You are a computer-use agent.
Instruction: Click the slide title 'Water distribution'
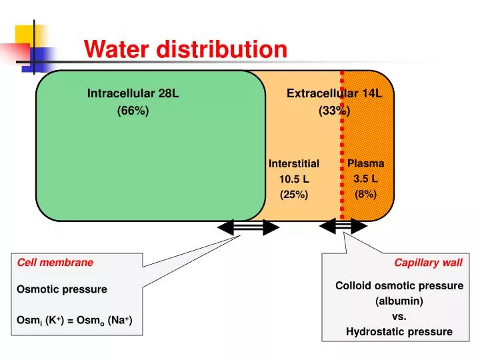click(x=185, y=49)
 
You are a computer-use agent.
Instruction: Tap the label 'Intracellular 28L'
click(x=133, y=93)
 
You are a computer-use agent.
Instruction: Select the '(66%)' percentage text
click(x=133, y=111)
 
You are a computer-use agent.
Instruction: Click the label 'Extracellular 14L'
click(x=334, y=93)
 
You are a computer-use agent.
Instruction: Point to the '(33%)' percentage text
click(x=334, y=111)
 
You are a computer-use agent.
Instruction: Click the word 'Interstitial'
click(x=294, y=163)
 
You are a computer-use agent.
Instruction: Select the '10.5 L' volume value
click(x=294, y=179)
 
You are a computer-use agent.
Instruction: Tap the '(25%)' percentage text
click(x=294, y=194)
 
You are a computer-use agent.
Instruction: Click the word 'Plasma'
click(x=366, y=163)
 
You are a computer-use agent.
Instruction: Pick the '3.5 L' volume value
click(x=366, y=179)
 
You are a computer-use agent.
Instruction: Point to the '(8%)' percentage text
click(x=366, y=194)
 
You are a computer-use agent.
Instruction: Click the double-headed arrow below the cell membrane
click(x=248, y=227)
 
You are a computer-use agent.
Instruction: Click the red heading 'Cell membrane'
click(x=55, y=262)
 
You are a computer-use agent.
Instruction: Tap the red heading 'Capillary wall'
click(x=428, y=262)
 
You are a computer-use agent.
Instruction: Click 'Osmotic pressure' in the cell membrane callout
click(x=62, y=289)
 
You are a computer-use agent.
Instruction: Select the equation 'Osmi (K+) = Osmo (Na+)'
click(x=75, y=321)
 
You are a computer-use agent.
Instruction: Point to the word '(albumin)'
click(x=399, y=301)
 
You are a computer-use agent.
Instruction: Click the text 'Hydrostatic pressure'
click(x=399, y=331)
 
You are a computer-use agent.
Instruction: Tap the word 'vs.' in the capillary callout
click(x=399, y=316)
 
